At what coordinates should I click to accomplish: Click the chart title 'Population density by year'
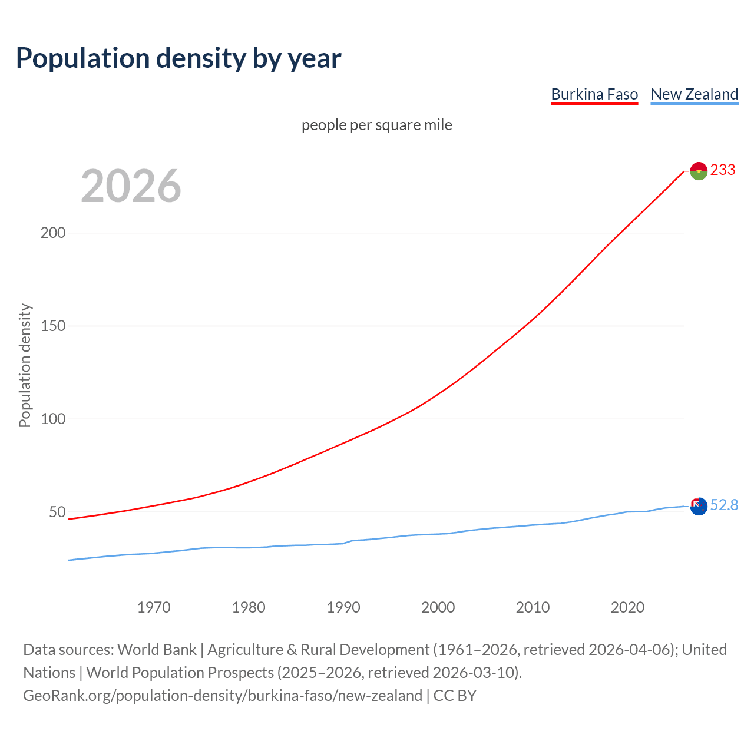(178, 58)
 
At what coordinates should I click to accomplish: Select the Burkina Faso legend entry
(594, 94)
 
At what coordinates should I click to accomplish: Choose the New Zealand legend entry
(694, 94)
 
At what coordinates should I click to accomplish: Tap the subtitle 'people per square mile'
(376, 125)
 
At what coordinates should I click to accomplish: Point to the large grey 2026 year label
(131, 186)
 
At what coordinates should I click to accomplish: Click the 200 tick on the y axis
(53, 233)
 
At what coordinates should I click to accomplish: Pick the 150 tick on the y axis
(53, 326)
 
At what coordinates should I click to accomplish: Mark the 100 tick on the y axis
(53, 419)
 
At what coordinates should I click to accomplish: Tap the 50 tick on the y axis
(57, 512)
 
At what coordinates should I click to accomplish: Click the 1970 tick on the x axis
(154, 607)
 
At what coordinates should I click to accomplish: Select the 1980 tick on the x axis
(249, 607)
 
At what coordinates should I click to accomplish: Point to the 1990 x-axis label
(343, 607)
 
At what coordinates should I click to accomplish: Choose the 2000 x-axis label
(438, 607)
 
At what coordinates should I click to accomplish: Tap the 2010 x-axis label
(533, 607)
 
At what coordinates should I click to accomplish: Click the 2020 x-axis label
(627, 607)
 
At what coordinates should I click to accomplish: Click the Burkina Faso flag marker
(699, 171)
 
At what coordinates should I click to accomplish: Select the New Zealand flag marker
(699, 506)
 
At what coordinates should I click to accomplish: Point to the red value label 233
(723, 170)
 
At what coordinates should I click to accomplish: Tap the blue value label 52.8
(724, 505)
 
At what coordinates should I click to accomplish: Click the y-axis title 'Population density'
(25, 365)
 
